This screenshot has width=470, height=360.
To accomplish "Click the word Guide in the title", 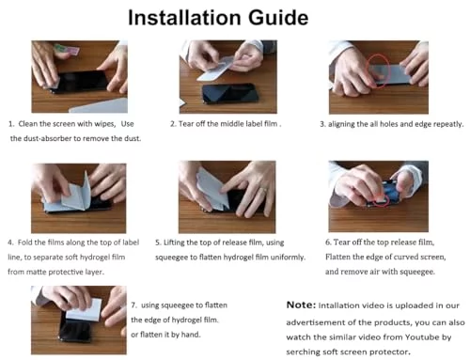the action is (x=278, y=18).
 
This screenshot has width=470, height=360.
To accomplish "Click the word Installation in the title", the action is (x=184, y=18).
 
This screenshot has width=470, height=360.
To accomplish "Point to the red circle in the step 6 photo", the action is (x=381, y=201).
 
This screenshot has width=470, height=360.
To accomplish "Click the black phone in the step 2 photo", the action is (x=230, y=93).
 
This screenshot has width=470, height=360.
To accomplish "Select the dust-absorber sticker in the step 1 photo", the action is (x=67, y=50).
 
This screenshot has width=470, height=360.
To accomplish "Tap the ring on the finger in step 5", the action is (x=265, y=190).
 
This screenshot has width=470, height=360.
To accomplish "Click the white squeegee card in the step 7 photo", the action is (x=84, y=309).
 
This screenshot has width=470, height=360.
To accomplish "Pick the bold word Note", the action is (x=301, y=305).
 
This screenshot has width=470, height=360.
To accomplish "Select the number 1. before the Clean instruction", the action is (x=11, y=124).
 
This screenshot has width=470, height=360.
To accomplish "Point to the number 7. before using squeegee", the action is (x=134, y=305).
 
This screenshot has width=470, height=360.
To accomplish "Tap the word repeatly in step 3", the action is (x=448, y=124).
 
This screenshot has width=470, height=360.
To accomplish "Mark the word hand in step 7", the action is (x=191, y=335).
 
